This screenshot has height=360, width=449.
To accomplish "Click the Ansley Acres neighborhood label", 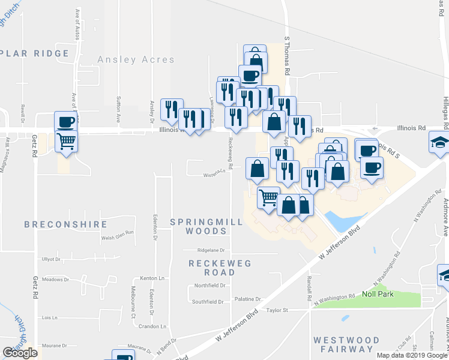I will [136, 60].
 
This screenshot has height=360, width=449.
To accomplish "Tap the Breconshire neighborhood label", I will [66, 224].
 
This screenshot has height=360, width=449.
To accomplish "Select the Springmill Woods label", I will [206, 226].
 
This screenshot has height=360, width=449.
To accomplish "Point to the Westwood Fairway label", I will [347, 344].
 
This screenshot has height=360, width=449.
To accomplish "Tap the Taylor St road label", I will [278, 310].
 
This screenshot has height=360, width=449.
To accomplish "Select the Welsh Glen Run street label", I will [116, 238].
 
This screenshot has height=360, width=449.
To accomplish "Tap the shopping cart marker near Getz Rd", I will [66, 142].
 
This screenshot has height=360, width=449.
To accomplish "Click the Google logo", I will [20, 353].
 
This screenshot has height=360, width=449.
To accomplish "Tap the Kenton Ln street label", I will [152, 279].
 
